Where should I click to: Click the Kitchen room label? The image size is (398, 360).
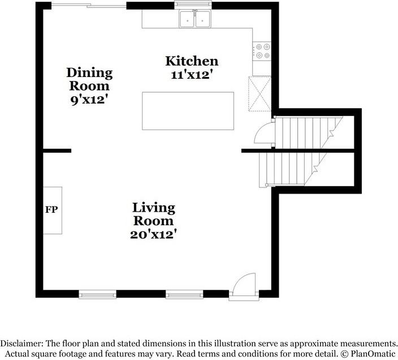click(x=191, y=61)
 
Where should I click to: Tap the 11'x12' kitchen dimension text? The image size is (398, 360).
click(x=191, y=74)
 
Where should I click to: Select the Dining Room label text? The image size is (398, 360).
click(x=89, y=79)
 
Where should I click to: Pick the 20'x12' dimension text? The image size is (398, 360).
click(x=154, y=233)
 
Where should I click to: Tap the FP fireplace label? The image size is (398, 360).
click(x=51, y=210)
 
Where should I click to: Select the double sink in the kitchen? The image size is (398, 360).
click(x=195, y=20)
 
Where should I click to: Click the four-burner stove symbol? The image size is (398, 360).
click(x=261, y=52)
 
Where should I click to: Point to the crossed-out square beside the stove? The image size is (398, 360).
click(x=260, y=94)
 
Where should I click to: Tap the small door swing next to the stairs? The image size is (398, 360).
click(x=264, y=135)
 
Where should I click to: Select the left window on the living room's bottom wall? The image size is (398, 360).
click(x=97, y=294)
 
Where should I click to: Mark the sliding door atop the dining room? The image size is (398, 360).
click(x=89, y=5)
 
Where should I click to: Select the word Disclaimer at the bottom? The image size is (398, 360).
click(x=24, y=343)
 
